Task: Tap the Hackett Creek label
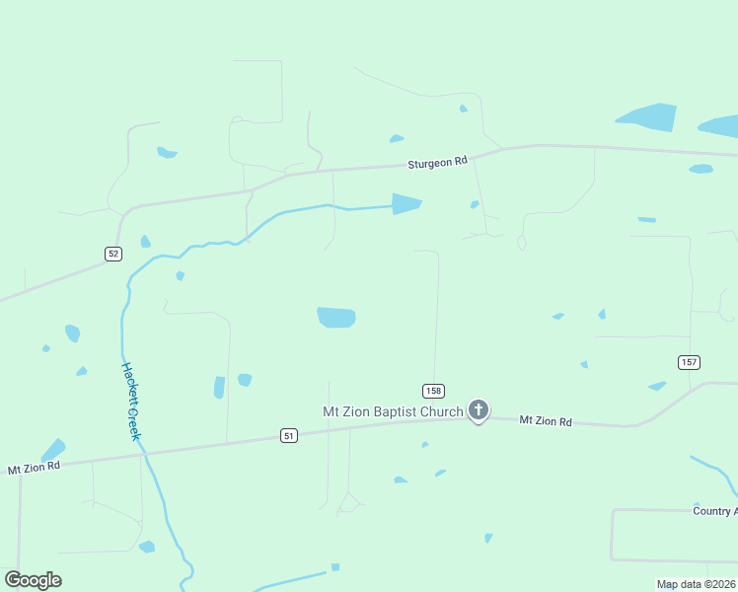132,401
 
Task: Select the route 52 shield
113,254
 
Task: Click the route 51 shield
288,435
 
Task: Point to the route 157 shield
689,362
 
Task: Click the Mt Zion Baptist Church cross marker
479,409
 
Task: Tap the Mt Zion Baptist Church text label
394,411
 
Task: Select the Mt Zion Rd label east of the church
546,421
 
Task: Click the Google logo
33,579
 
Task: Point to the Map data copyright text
696,584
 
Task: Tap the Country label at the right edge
715,510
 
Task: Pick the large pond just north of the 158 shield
336,317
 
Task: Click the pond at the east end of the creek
406,204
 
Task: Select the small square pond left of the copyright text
334,567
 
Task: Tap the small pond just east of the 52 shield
146,242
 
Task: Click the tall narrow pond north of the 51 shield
219,388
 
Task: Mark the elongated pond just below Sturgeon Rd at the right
701,169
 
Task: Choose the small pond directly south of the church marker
487,538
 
